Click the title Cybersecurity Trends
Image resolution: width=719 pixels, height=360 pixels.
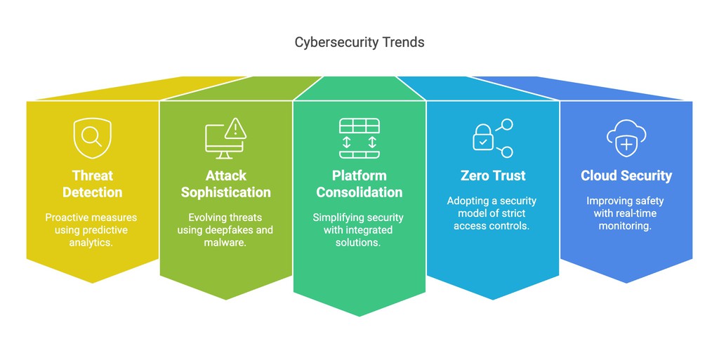click(359, 42)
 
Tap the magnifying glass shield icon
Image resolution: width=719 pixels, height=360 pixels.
click(92, 138)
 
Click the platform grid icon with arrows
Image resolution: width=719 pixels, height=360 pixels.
click(359, 138)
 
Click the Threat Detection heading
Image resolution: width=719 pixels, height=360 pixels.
click(92, 184)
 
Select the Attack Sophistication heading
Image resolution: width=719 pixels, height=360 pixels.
click(225, 184)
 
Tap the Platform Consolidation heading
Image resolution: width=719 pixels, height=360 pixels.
click(359, 184)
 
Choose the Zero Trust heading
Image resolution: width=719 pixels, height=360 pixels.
click(492, 175)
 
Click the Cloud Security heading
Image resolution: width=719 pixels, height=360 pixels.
click(626, 175)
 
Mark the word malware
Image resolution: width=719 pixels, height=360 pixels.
click(225, 243)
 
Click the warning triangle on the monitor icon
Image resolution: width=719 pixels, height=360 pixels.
click(236, 128)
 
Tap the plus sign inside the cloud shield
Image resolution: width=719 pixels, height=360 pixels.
click(625, 145)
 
